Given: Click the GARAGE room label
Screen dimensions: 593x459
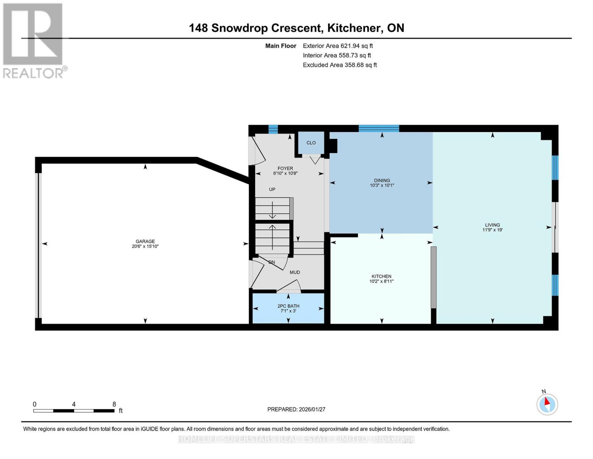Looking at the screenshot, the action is [x=145, y=241].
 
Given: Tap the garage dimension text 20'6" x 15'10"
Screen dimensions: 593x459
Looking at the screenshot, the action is [x=145, y=246].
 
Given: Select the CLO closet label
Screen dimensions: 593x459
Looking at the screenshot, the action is [x=311, y=143].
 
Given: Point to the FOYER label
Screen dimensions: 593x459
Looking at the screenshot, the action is [x=285, y=168].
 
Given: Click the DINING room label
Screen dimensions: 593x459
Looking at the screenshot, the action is [x=382, y=181].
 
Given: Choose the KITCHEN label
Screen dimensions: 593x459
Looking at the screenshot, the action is [x=381, y=277].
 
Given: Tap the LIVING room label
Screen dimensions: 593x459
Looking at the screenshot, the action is [x=493, y=225].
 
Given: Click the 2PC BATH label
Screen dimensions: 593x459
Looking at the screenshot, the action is [x=288, y=306].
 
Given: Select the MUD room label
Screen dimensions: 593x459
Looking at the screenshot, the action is [x=295, y=272].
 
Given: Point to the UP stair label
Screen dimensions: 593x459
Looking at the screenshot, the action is [x=272, y=189].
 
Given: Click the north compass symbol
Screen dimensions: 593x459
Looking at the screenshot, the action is [x=547, y=404].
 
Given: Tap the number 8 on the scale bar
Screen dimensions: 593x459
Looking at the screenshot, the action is [x=114, y=404].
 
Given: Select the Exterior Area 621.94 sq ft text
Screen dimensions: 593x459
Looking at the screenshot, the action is [x=338, y=46].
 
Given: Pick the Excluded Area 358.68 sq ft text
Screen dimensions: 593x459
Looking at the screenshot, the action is [x=340, y=65].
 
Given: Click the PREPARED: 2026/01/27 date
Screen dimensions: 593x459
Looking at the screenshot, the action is [x=296, y=409].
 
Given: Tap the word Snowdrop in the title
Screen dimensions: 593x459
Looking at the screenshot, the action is [x=239, y=28].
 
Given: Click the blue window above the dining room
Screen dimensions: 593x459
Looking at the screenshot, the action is [x=379, y=129].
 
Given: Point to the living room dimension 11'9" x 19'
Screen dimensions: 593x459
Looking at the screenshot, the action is [x=493, y=230].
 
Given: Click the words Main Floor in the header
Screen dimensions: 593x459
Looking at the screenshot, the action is [x=281, y=46].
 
